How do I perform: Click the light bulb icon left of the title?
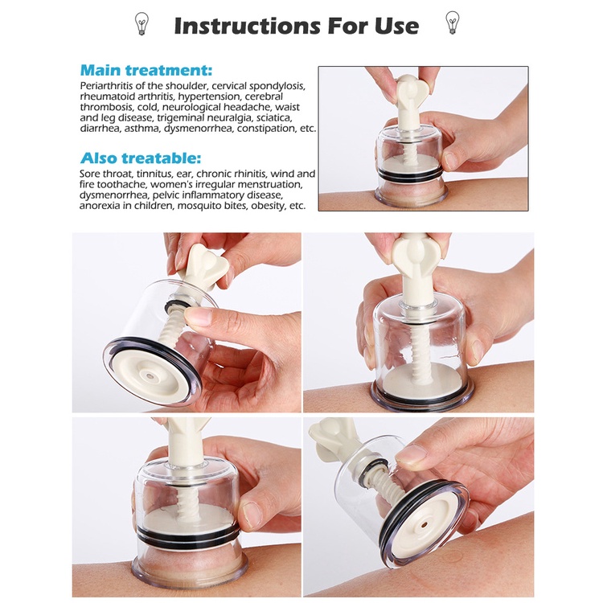point(142,23)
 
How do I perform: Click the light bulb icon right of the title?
point(452,23)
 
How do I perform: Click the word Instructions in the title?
point(246,27)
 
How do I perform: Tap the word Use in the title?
point(397,27)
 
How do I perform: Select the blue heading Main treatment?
point(146,71)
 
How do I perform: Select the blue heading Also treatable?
point(141,158)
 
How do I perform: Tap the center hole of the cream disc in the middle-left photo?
point(147,375)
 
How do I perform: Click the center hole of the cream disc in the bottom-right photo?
point(423,524)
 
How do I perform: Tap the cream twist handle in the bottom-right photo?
point(334,434)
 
